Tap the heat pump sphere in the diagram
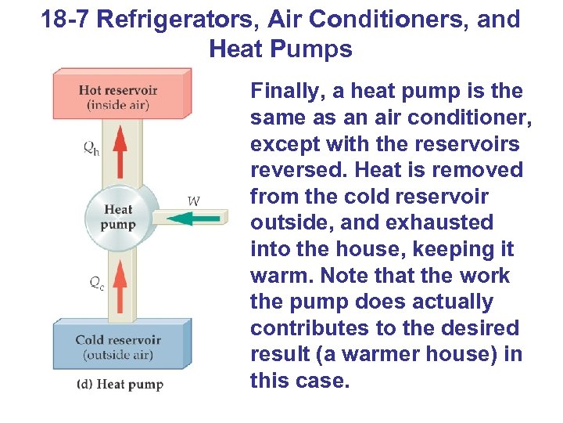click(119, 216)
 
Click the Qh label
click(91, 150)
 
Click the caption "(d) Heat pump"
click(120, 385)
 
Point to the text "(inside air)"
click(118, 104)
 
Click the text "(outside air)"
click(118, 356)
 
